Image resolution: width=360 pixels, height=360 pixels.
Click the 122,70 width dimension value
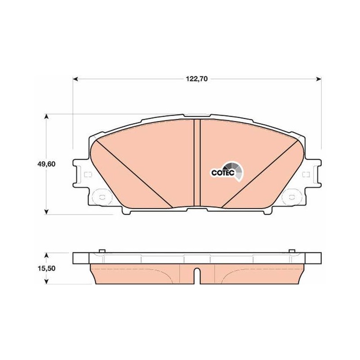(197, 79)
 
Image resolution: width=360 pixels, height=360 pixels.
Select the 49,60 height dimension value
(46, 164)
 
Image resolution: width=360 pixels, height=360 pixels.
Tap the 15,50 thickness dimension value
(46, 268)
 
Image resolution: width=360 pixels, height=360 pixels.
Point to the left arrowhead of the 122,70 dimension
(76, 79)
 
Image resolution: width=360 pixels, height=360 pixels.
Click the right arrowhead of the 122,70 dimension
(319, 79)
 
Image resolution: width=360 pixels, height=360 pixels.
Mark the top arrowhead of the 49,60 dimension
(46, 117)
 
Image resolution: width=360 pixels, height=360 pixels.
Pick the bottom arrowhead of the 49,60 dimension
(46, 211)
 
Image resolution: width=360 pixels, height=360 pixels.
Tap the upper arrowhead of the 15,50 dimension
(46, 256)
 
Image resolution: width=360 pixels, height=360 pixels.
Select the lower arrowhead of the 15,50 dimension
(46, 281)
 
